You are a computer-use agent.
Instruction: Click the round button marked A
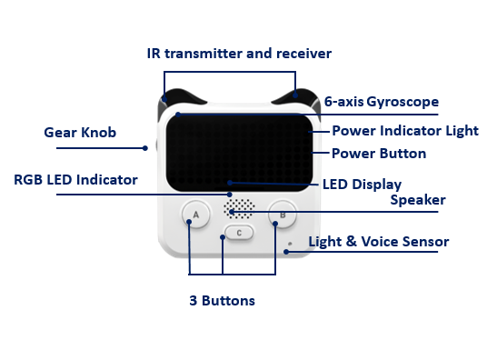tap(192, 215)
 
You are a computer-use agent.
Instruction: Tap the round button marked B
tap(282, 215)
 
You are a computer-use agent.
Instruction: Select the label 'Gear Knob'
tap(80, 133)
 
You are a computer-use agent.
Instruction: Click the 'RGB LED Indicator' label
tap(75, 180)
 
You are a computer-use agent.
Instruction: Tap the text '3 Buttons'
tap(223, 300)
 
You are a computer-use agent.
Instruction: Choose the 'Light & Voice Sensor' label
tap(378, 242)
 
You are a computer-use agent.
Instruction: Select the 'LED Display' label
tap(362, 185)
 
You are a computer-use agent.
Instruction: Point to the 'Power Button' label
tap(378, 154)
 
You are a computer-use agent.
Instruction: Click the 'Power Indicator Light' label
tap(404, 131)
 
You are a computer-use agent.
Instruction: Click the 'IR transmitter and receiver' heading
tap(239, 54)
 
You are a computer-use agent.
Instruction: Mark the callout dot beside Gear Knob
tap(144, 148)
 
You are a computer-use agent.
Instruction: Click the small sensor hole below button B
tap(289, 244)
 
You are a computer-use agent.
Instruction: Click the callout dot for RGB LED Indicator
tap(230, 195)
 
